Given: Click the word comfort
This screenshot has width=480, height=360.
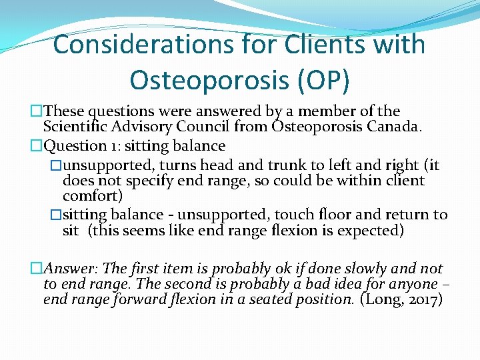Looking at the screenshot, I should coord(91,196).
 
